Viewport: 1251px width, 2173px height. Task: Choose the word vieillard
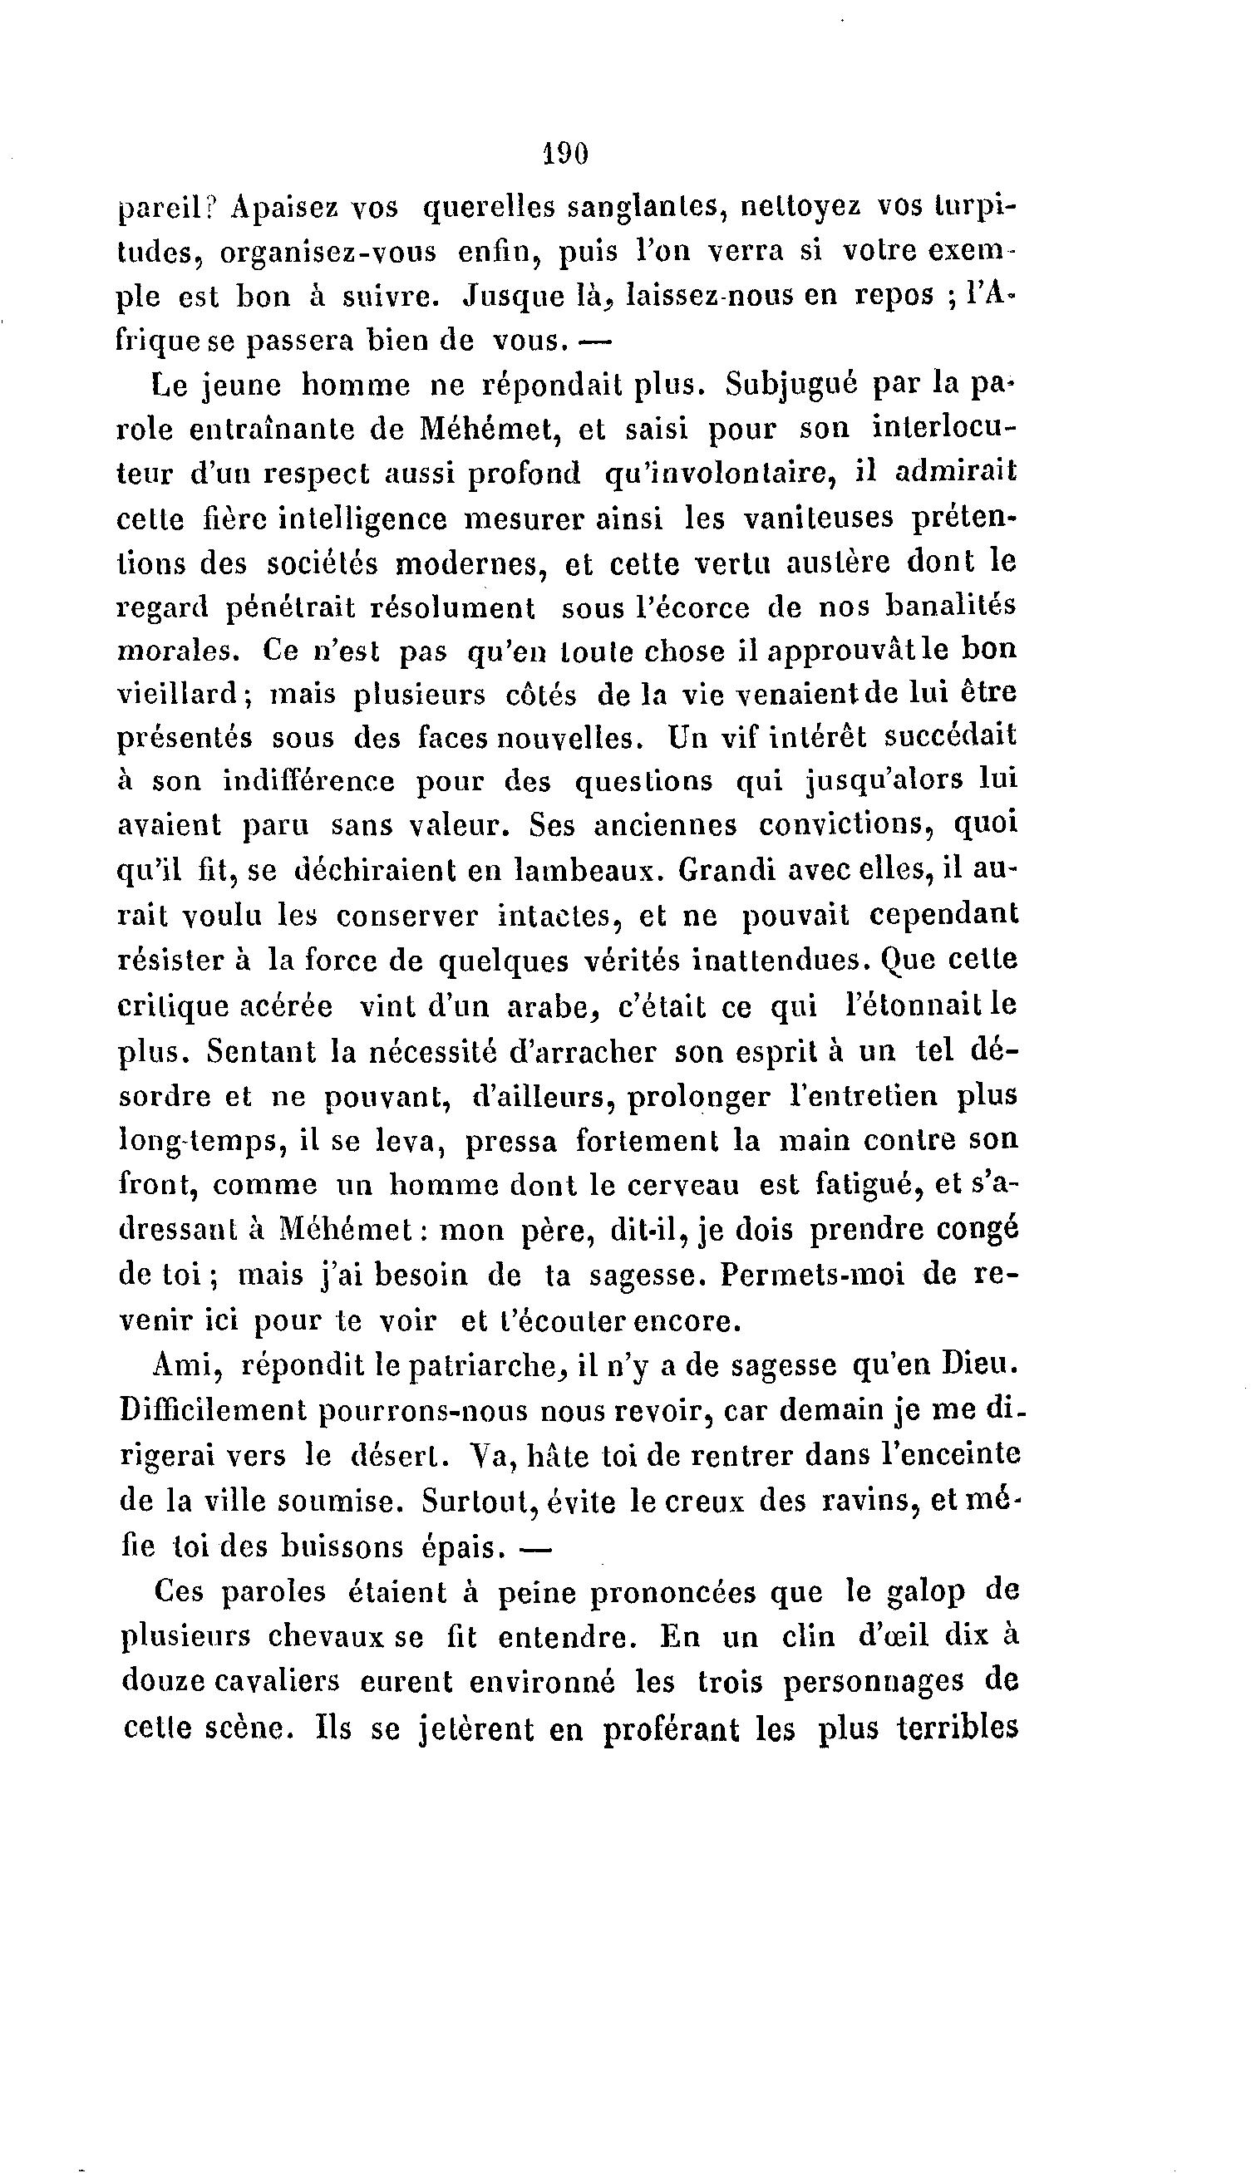(180, 694)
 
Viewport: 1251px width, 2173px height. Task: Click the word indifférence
(308, 781)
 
